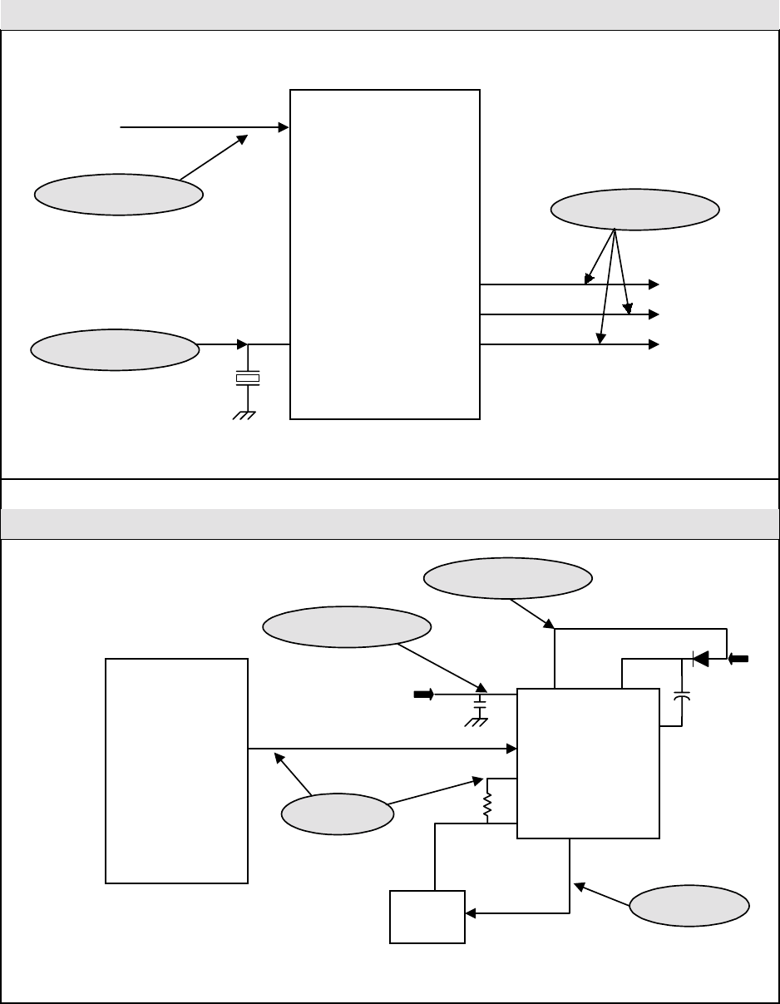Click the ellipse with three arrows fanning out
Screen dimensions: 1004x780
[x=635, y=210]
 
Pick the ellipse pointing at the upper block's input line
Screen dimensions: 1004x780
[x=118, y=195]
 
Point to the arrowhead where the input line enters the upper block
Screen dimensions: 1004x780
[x=283, y=127]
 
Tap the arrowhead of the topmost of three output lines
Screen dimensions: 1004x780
[x=654, y=284]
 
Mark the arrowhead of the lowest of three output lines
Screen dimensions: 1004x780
[x=654, y=344]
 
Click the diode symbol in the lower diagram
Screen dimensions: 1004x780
[x=699, y=660]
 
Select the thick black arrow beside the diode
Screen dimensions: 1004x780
[x=738, y=660]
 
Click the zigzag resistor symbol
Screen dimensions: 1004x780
[x=488, y=804]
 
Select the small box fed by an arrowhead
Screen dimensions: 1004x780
[x=427, y=917]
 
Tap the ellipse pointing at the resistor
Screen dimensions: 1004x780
[x=337, y=815]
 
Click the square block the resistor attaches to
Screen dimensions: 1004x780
[x=588, y=763]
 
